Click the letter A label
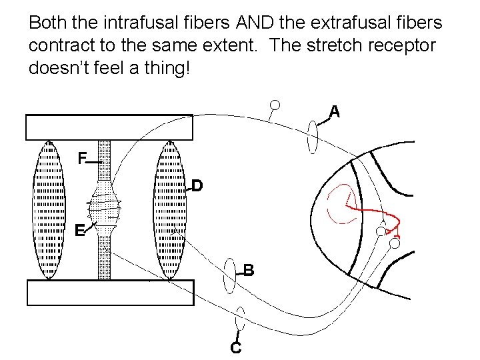335,112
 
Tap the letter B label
248,270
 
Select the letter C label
235,347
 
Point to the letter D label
197,185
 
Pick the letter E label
79,231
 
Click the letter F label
81,159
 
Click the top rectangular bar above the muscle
109,127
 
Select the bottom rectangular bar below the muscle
109,292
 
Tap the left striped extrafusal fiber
48,209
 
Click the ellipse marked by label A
313,137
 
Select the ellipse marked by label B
230,275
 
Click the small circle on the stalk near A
274,105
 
